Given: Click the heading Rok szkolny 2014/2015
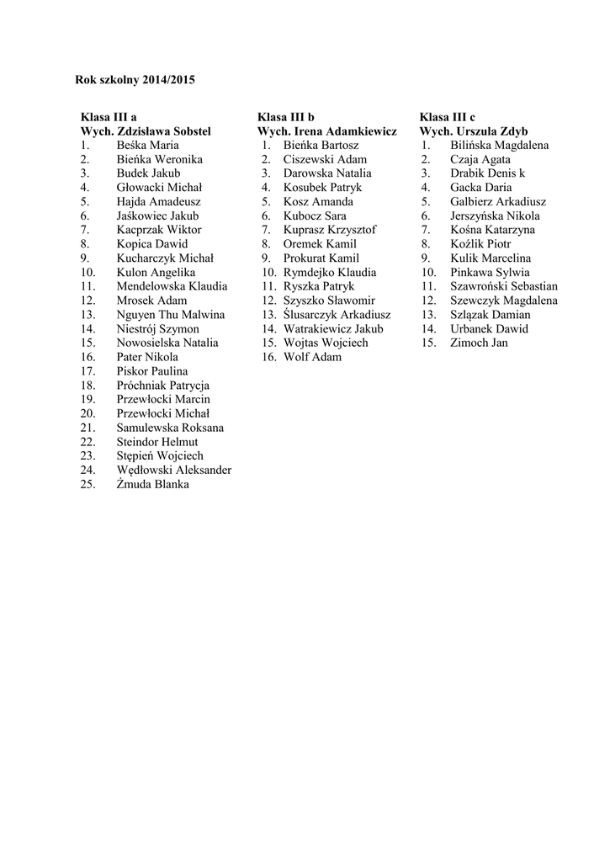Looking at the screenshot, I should pyautogui.click(x=135, y=80).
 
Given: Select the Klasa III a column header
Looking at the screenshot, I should pyautogui.click(x=109, y=117).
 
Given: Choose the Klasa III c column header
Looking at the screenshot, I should pyautogui.click(x=447, y=117).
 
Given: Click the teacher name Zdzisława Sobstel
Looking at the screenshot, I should pyautogui.click(x=164, y=131).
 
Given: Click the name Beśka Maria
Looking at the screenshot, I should pyautogui.click(x=147, y=145).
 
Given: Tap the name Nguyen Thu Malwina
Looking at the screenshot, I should pyautogui.click(x=171, y=314).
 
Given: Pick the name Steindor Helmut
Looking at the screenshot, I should pyautogui.click(x=157, y=441).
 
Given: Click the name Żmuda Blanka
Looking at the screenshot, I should pyautogui.click(x=152, y=484).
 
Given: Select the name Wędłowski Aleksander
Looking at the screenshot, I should pyautogui.click(x=174, y=470).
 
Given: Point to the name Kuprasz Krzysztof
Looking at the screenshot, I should pyautogui.click(x=329, y=230).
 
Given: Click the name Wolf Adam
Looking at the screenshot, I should pyautogui.click(x=312, y=357).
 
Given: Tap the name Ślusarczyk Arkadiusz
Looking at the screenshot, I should pyautogui.click(x=337, y=314).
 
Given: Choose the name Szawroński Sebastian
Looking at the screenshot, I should pyautogui.click(x=504, y=286).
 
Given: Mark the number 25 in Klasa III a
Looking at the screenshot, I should pyautogui.click(x=88, y=484).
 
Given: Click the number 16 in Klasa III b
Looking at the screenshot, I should pyautogui.click(x=268, y=357).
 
